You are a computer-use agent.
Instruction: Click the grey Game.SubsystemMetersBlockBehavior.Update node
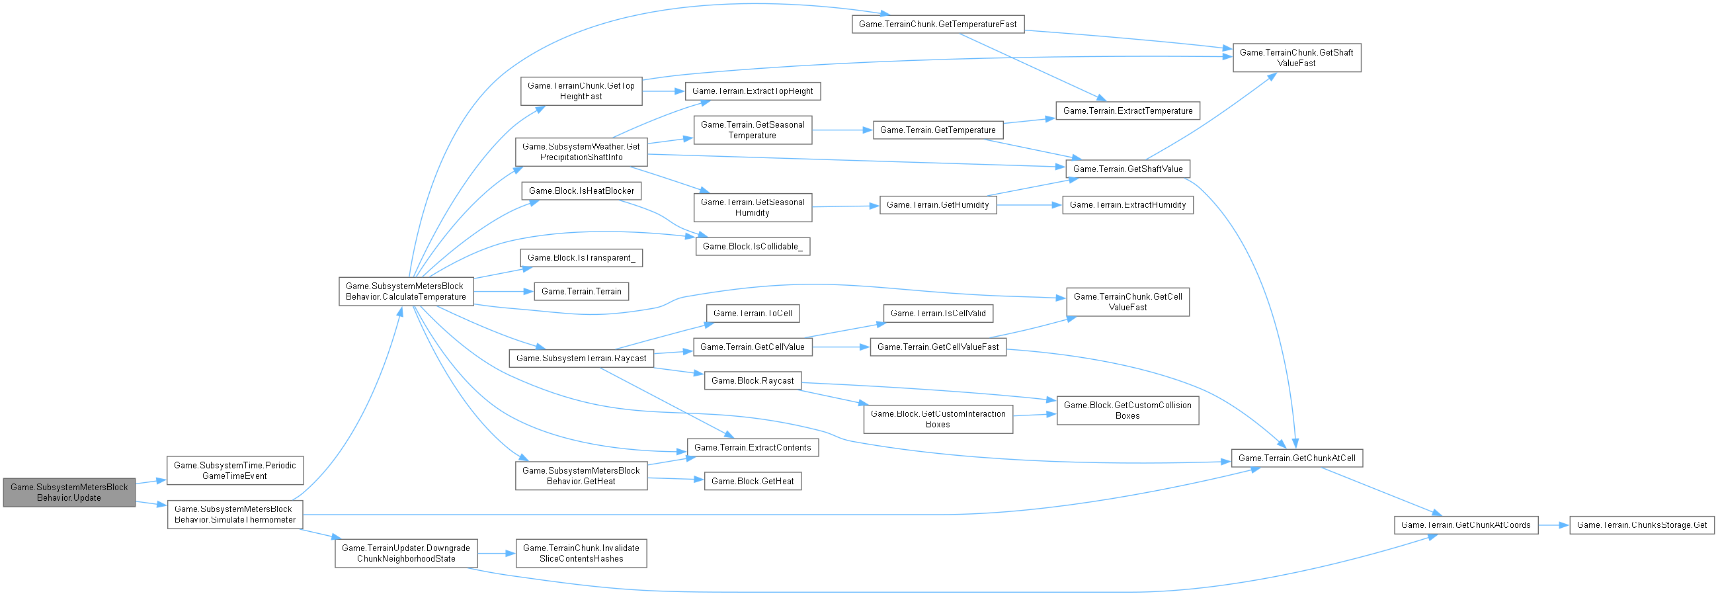(69, 493)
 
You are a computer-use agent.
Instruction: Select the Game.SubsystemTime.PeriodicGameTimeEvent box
(235, 470)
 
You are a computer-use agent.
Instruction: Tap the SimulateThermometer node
(235, 514)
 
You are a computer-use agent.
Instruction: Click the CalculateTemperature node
(405, 291)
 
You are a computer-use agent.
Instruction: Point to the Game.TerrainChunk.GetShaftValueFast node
(1297, 58)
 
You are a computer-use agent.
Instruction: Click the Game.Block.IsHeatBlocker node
(581, 191)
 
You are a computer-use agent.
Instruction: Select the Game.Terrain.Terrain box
(581, 292)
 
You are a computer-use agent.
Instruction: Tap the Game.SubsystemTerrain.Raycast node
(581, 359)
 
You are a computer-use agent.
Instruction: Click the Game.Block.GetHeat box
(753, 481)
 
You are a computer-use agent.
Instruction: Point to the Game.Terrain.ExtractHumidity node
(1127, 205)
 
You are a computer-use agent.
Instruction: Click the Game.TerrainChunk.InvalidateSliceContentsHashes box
(581, 553)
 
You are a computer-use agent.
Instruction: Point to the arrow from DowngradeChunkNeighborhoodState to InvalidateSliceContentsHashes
(496, 553)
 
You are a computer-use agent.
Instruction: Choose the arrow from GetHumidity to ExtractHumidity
(1030, 205)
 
